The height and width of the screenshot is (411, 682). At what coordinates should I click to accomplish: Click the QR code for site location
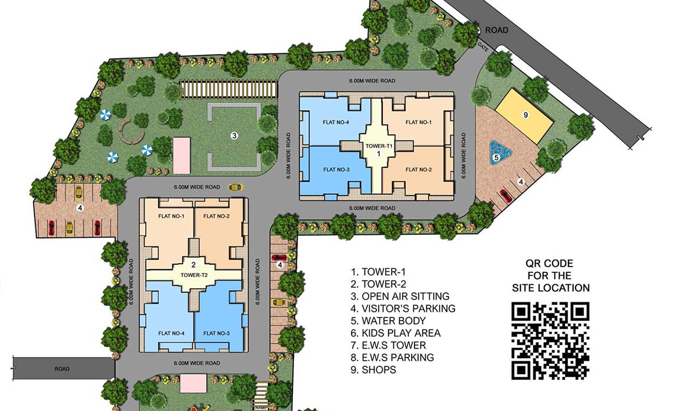point(550,341)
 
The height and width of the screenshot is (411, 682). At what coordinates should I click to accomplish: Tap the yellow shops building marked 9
point(525,115)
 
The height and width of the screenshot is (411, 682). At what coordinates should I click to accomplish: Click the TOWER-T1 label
point(379,146)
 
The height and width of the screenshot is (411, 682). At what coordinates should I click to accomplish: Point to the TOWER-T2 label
point(194,275)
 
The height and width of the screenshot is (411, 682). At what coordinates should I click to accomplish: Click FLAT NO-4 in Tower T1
point(336,122)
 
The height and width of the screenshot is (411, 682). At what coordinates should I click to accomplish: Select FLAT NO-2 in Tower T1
point(419,170)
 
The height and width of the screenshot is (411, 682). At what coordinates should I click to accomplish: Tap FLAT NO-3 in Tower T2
point(216,333)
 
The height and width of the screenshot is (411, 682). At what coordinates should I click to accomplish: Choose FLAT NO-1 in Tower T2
point(171,216)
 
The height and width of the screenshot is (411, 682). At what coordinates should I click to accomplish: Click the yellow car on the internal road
point(235,187)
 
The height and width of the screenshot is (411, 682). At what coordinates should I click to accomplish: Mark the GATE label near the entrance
point(483,47)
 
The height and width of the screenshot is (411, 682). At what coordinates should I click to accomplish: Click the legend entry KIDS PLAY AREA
point(395,333)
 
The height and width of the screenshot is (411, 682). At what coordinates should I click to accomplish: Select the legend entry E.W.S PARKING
point(392,358)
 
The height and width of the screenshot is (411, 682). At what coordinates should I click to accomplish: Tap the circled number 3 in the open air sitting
point(234,136)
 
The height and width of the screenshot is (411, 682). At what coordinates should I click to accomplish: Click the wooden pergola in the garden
point(229,89)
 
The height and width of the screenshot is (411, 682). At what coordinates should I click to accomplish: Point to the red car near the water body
point(506,196)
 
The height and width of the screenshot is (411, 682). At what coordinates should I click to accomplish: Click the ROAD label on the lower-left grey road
point(62,369)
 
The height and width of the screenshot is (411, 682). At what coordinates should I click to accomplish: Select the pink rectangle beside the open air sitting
point(181,155)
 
